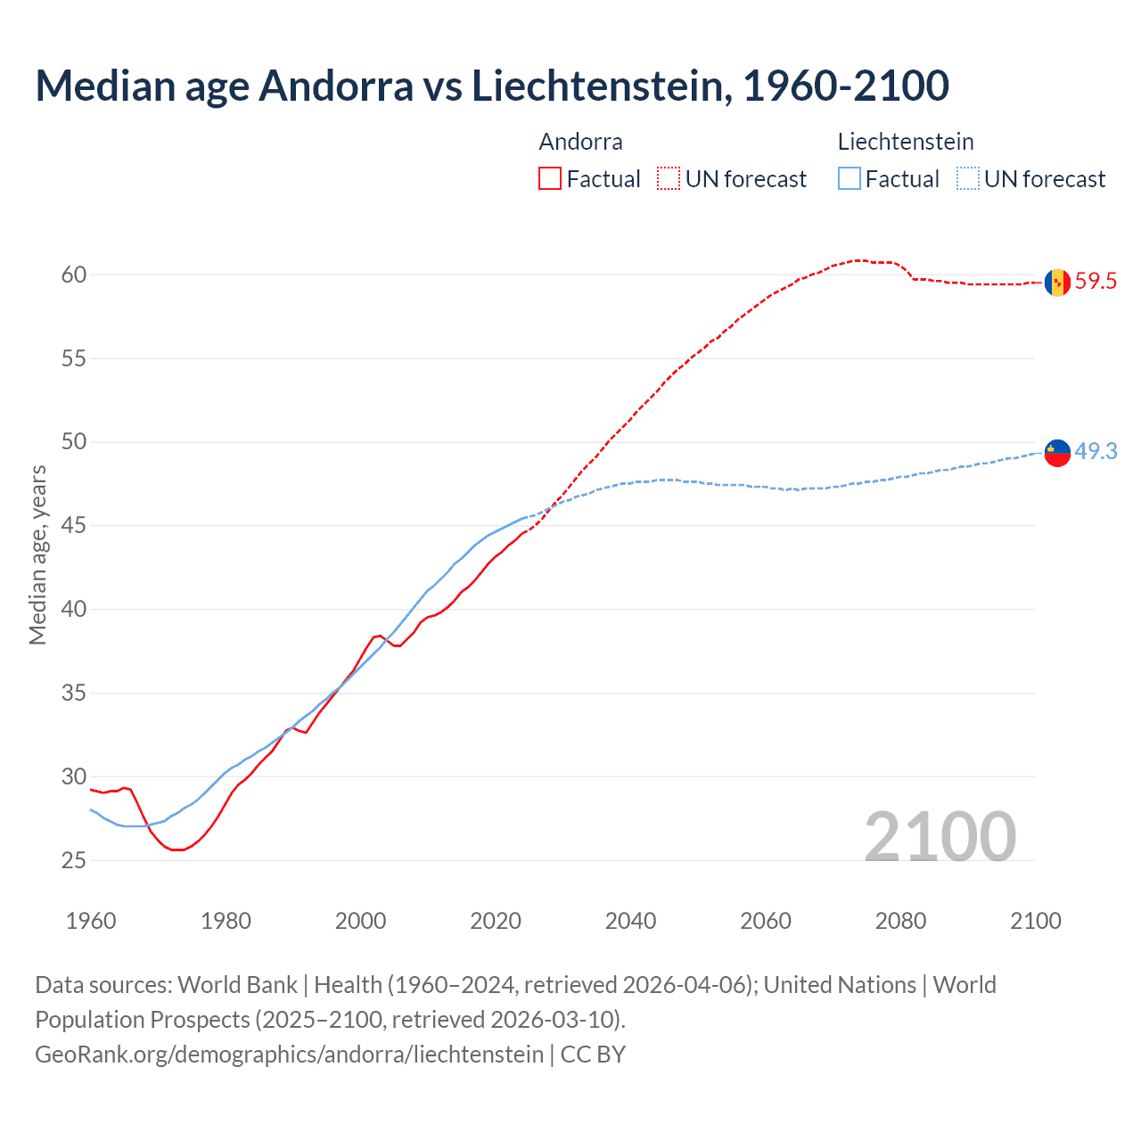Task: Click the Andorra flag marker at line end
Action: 1057,282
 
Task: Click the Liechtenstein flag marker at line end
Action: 1057,453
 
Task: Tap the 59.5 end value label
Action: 1096,282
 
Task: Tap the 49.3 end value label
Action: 1096,452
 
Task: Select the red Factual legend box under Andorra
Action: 550,179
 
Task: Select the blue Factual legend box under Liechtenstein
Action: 850,179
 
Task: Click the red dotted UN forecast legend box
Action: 669,179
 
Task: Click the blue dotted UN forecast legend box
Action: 967,179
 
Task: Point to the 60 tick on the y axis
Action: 74,275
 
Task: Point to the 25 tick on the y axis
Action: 74,861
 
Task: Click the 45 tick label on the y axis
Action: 74,526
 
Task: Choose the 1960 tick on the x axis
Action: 91,921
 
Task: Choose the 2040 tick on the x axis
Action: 630,921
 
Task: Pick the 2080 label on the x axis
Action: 900,921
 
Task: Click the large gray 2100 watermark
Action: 940,836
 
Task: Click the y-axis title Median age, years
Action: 37,554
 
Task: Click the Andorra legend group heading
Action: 580,142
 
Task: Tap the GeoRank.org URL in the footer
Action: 289,1055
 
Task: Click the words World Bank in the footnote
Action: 237,985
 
